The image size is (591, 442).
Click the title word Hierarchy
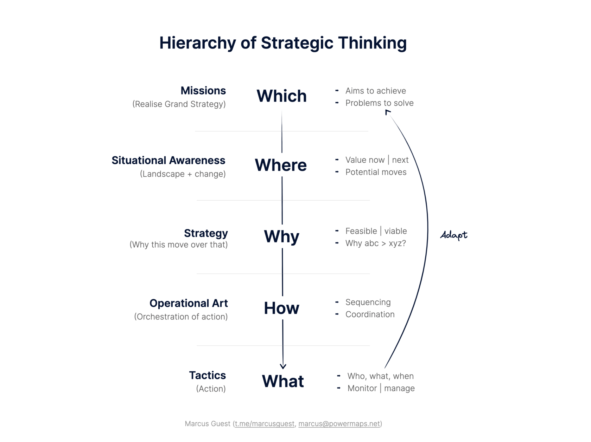197,43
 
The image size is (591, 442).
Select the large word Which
281,96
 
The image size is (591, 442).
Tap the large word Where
281,165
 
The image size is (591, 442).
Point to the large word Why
281,236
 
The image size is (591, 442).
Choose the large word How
281,308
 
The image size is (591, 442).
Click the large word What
283,381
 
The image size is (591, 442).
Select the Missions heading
203,91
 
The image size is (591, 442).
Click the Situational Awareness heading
168,160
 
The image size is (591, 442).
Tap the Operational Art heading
189,303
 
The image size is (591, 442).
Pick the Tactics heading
207,375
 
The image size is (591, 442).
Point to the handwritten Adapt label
454,235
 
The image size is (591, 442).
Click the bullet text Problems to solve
379,103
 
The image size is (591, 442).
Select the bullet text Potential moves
376,172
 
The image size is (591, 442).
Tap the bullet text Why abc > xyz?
375,243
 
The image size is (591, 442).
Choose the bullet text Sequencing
368,302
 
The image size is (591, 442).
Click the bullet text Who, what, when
380,376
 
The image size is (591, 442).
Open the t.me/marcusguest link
265,424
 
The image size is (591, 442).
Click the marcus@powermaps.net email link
339,424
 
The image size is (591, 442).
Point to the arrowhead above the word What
283,366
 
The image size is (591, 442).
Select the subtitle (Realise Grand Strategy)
179,104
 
